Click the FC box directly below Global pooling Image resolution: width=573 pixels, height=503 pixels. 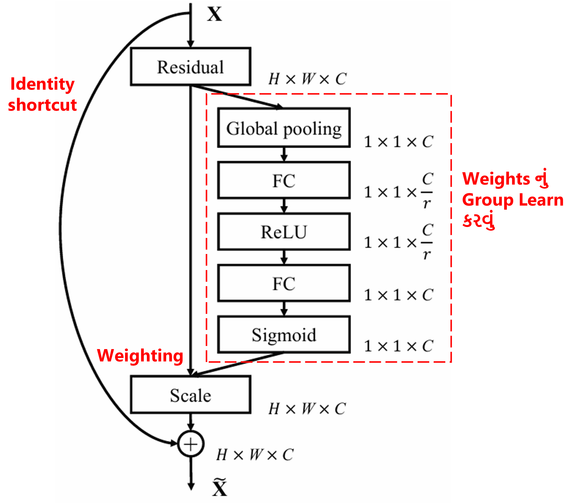(284, 180)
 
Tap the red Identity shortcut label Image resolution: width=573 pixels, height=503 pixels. (42, 95)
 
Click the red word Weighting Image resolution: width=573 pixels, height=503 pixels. (140, 356)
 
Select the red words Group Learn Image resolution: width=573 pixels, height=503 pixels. (512, 200)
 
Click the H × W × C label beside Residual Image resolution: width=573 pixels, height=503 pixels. (307, 79)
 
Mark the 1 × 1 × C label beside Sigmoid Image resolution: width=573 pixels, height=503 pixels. (398, 346)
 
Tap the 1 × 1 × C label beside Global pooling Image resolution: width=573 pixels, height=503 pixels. (398, 142)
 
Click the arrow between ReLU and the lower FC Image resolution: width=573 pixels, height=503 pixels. (284, 257)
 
